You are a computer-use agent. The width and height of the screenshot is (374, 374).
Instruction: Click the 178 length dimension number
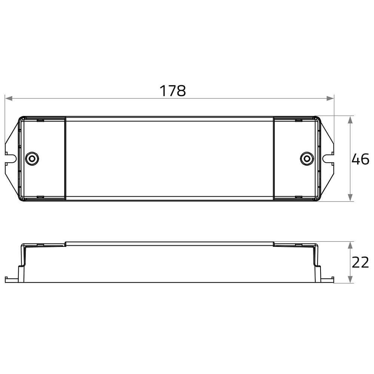(x=172, y=91)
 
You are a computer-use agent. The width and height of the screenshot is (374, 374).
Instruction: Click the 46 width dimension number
(x=360, y=159)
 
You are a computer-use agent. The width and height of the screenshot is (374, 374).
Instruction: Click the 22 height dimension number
(x=360, y=263)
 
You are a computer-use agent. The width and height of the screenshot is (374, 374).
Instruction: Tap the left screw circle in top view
(x=32, y=159)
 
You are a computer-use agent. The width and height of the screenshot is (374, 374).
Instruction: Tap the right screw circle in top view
(x=307, y=159)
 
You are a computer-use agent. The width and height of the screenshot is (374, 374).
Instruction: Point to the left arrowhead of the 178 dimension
(x=9, y=98)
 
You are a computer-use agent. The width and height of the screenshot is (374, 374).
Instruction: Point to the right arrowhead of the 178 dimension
(x=330, y=98)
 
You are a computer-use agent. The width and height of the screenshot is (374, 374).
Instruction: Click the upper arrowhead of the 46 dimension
(x=350, y=120)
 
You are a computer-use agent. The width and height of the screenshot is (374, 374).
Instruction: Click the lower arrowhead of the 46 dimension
(x=350, y=197)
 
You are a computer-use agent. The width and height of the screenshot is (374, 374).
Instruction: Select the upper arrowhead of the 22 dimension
(x=350, y=245)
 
